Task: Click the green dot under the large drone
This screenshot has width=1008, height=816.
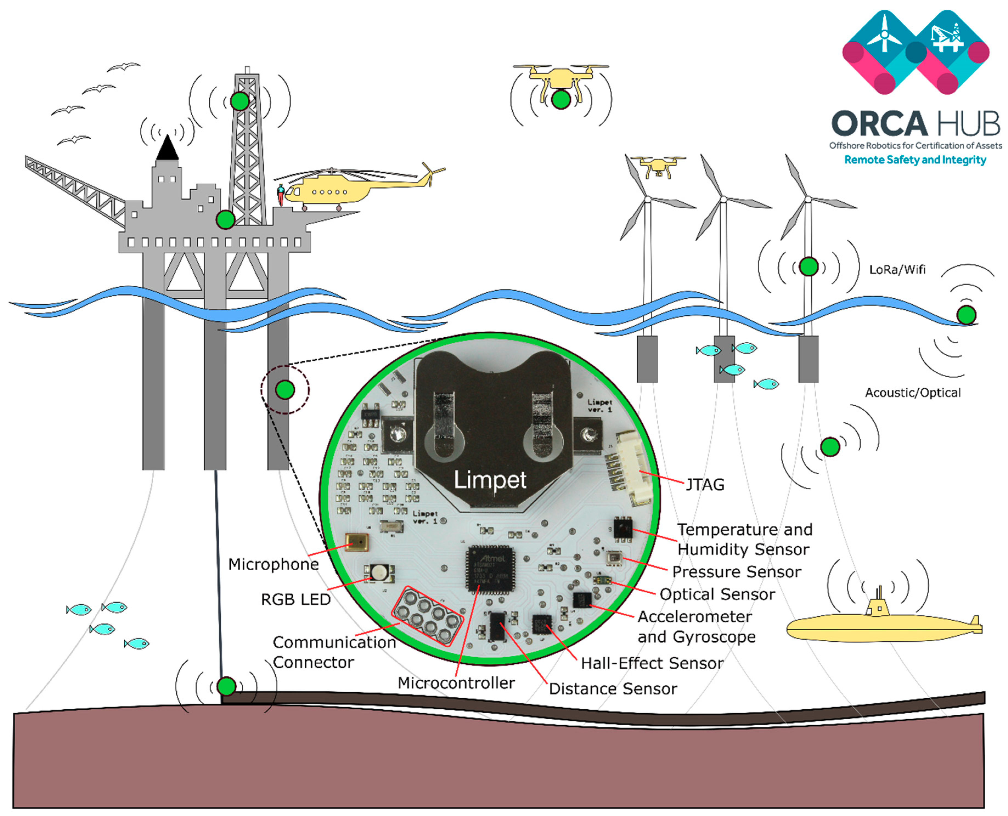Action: [561, 100]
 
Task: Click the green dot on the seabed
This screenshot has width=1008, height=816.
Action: [227, 686]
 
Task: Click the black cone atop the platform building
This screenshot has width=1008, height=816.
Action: [167, 148]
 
